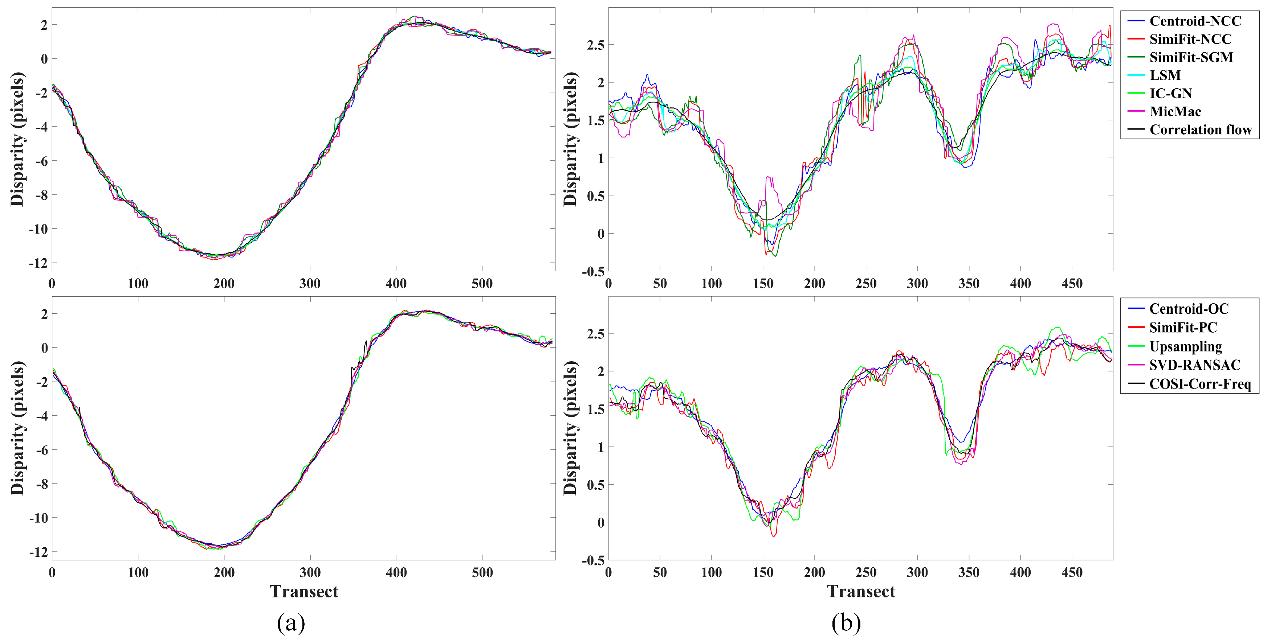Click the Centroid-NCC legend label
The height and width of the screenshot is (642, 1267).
point(1195,21)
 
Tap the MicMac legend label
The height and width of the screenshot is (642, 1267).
point(1175,112)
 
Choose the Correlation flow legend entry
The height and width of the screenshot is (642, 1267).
point(1200,130)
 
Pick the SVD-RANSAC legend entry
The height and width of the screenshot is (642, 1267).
point(1195,365)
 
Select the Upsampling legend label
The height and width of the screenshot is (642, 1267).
point(1185,346)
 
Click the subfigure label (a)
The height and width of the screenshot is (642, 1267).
point(291,623)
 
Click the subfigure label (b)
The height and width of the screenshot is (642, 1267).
point(846,623)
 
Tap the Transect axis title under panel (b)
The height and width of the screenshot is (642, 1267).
point(861,591)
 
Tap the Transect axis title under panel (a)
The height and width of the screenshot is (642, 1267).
point(304,591)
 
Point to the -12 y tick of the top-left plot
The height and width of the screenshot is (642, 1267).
point(38,263)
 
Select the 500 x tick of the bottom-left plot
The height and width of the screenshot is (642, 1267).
point(482,573)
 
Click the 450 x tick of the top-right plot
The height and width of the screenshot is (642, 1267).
point(1072,284)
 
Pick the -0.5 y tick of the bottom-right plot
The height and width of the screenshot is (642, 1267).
point(593,560)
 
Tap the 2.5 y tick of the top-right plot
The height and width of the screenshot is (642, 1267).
point(595,45)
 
